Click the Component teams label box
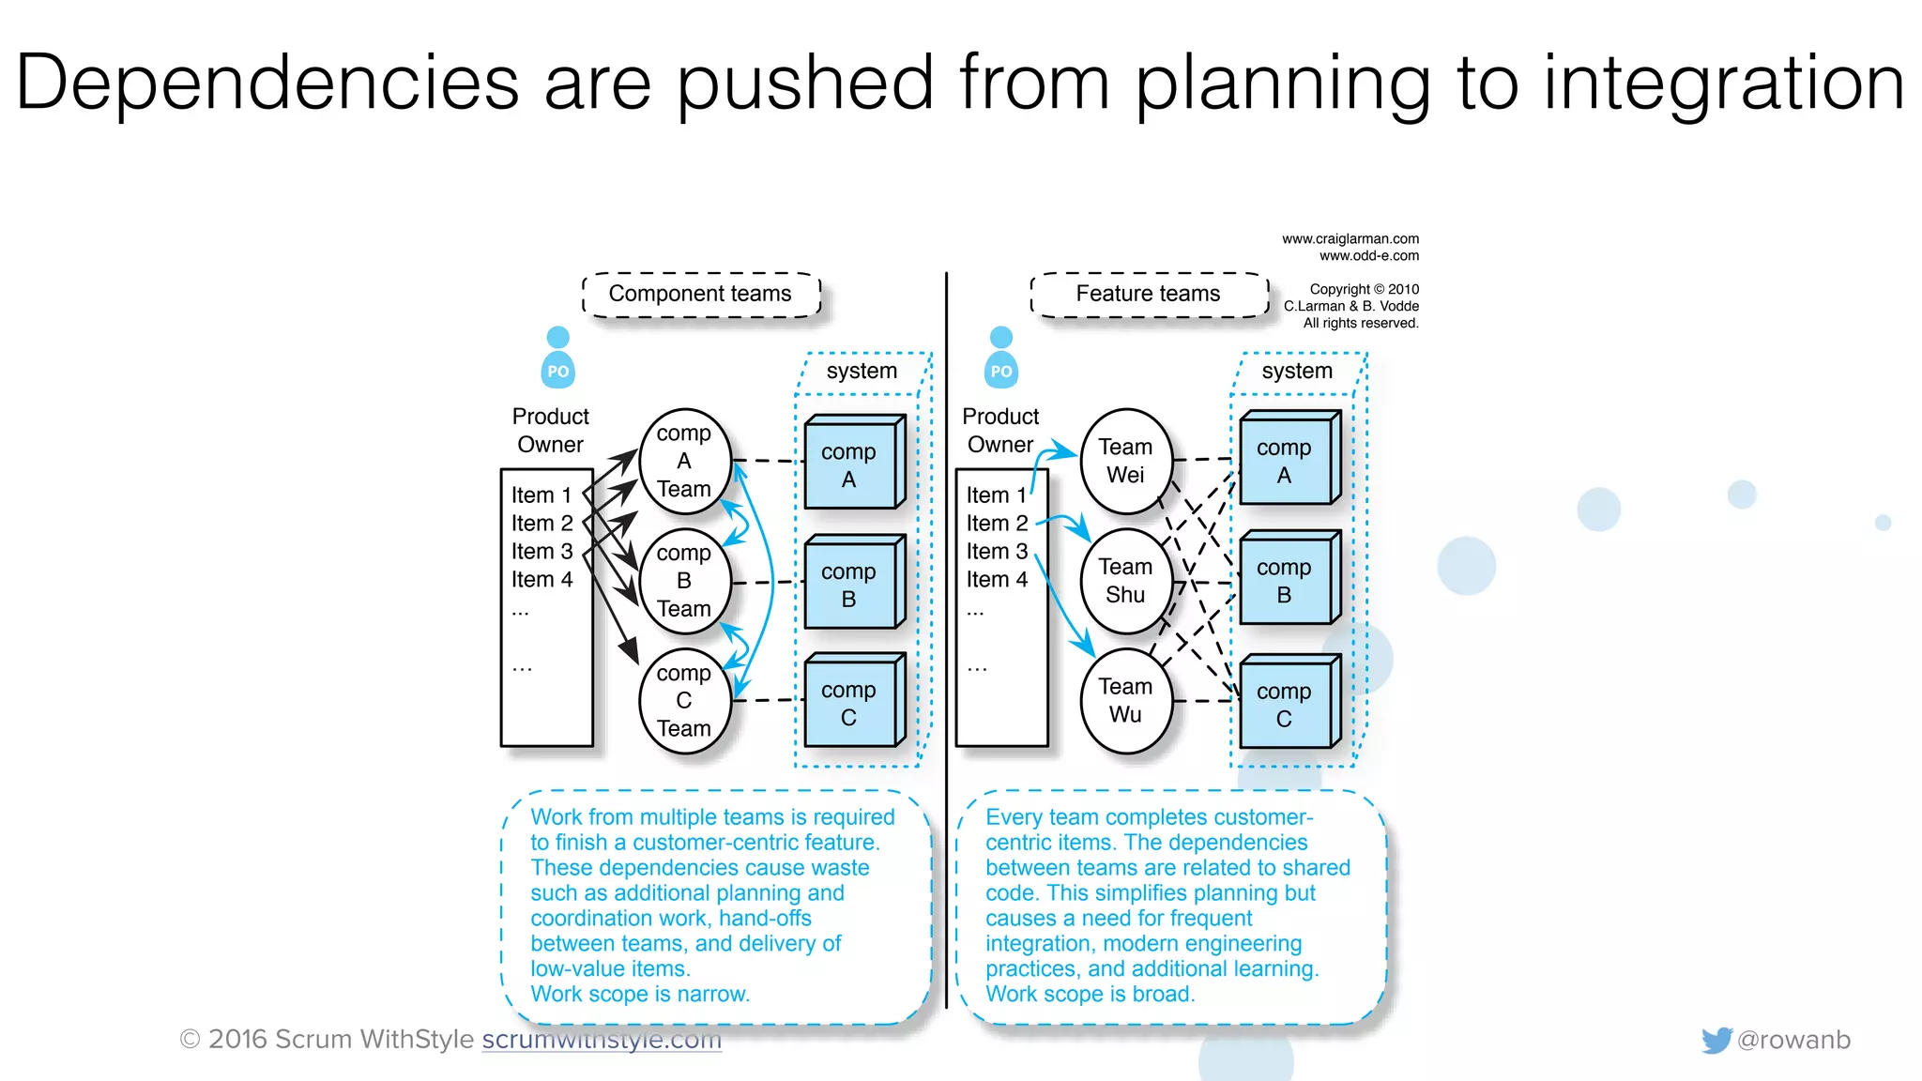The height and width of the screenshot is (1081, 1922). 700,295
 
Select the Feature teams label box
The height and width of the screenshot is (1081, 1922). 1148,295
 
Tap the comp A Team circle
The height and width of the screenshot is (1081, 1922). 684,462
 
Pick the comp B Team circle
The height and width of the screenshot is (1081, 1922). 684,582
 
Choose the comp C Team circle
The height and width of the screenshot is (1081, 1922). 684,701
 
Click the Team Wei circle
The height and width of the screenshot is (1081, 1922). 1125,462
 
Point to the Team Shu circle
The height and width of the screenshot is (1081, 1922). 1125,582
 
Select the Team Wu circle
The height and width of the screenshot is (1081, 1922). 1125,701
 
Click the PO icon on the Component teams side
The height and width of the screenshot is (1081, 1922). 558,358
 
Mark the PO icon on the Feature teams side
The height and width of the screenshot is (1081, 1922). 1001,358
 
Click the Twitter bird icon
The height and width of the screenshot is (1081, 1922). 1716,1040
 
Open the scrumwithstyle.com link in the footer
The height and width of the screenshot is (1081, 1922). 602,1040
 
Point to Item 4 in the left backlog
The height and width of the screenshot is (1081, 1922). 542,580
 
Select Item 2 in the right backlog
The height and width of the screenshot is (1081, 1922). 997,524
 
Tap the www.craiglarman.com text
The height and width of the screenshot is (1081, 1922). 1350,239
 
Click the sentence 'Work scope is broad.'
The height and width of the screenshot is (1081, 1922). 1090,995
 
